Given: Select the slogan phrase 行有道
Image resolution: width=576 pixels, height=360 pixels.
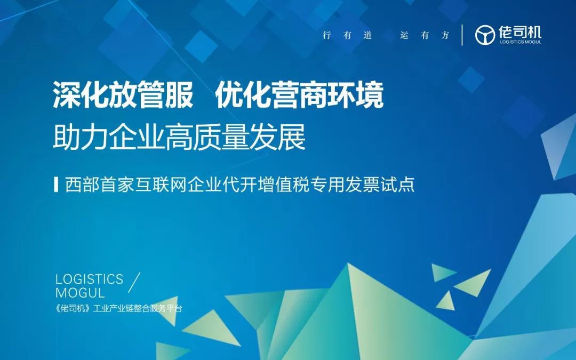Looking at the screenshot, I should pos(347,36).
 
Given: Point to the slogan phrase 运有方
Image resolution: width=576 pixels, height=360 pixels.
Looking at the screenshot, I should pos(425,36).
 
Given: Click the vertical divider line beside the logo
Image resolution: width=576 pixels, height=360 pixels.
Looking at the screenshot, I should pos(462,35).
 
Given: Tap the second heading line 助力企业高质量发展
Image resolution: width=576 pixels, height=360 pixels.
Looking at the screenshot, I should pos(179,138).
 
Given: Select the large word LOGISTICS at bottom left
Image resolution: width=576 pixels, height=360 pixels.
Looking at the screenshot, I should pos(89,279).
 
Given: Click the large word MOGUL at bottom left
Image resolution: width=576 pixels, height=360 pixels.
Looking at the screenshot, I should pos(80,293).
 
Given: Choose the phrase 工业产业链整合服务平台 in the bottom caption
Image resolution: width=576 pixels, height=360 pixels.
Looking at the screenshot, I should pos(137,309).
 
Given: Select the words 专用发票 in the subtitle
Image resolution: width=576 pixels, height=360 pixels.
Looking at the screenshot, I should pos(349,185).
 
